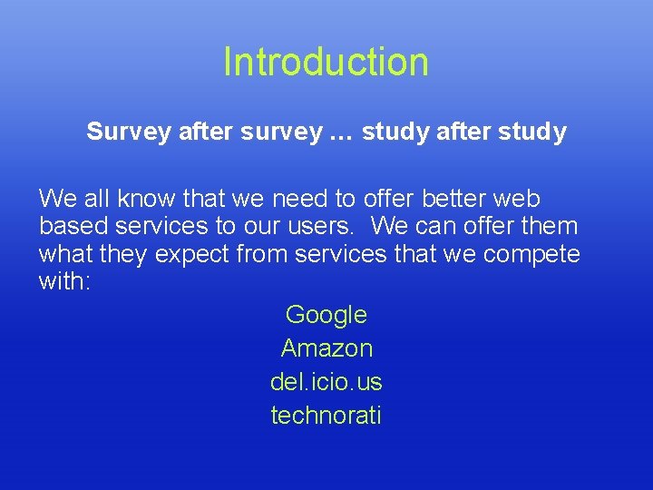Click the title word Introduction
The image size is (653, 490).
[326, 62]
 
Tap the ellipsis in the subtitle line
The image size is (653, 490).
[342, 132]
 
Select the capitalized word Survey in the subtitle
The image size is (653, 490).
[128, 132]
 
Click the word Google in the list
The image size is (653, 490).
[326, 315]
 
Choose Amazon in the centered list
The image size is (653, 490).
[326, 348]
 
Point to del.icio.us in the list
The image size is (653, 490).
[326, 382]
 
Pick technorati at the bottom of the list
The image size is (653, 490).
[326, 416]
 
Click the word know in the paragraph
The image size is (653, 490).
[148, 199]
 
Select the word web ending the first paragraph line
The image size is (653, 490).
[521, 199]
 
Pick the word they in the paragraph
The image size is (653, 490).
[124, 254]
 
